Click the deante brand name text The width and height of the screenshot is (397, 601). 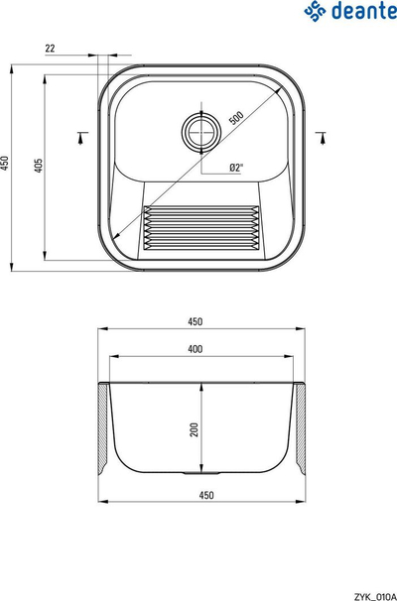coord(364,11)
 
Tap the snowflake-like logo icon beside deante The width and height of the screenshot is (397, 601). coord(316,11)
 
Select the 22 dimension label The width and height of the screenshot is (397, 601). coord(51,49)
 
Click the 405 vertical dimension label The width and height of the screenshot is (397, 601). coord(39,166)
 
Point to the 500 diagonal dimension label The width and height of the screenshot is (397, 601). coord(236,118)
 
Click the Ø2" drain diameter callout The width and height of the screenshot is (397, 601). coord(236,168)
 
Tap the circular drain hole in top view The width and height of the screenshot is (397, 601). coord(201,131)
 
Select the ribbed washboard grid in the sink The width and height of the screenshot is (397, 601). coord(200,228)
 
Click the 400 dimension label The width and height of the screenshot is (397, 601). coord(195,349)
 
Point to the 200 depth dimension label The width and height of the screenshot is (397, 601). coord(195,429)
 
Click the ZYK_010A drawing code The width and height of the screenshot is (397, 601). coord(375,596)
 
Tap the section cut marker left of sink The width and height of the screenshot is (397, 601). coord(81,138)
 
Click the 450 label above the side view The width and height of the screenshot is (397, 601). coord(195,321)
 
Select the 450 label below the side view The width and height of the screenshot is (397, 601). coord(206,495)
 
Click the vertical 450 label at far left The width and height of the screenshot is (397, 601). coord(4,163)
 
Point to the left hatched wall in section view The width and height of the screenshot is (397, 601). coord(103,427)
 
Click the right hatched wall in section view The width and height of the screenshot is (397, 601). coord(301,427)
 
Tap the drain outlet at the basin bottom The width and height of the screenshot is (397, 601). coord(201,474)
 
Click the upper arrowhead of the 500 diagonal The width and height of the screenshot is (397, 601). coord(278,91)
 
